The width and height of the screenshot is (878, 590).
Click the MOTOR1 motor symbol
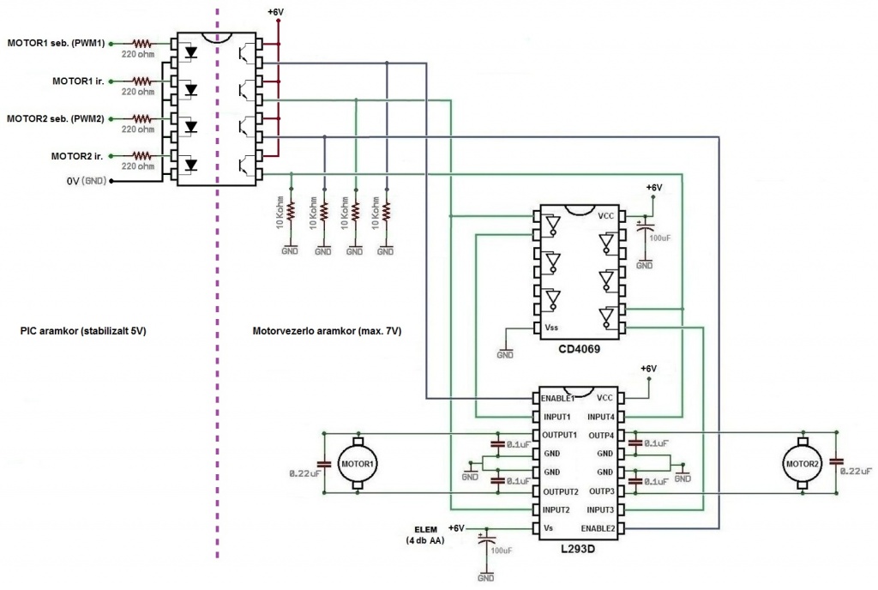click(358, 463)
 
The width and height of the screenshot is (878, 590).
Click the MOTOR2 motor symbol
click(802, 463)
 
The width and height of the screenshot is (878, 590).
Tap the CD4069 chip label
click(579, 349)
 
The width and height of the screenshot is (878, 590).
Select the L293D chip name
click(578, 549)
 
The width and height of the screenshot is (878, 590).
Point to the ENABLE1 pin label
click(557, 399)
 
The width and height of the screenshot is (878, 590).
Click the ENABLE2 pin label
click(598, 528)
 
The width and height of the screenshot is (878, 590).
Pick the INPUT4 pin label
click(601, 417)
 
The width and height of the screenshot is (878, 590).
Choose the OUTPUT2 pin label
click(561, 492)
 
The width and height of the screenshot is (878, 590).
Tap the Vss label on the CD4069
click(551, 328)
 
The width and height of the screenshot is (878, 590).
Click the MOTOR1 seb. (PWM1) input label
click(56, 43)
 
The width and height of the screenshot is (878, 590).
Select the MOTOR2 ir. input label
click(77, 156)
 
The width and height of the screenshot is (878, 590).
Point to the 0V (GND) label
click(87, 181)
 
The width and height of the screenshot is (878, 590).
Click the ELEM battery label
click(425, 530)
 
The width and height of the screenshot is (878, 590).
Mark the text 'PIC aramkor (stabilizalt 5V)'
click(83, 331)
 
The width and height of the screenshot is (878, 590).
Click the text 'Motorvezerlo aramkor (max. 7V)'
click(327, 331)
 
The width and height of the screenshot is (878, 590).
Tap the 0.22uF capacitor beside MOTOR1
click(323, 464)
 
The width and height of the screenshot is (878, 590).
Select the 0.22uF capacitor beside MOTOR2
click(837, 462)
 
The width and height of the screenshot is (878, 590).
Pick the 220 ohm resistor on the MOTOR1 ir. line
click(141, 81)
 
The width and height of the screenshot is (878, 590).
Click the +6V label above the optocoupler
click(275, 11)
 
